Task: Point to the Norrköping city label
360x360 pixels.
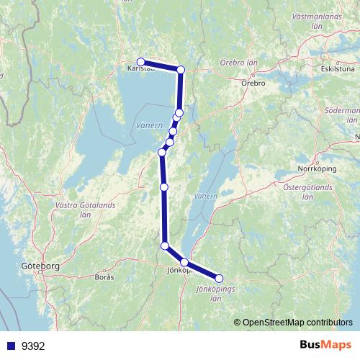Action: (317, 169)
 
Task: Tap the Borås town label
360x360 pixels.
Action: (104, 276)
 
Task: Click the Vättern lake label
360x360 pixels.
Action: (204, 195)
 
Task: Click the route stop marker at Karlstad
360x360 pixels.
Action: (141, 62)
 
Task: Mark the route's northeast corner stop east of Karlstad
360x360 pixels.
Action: (181, 70)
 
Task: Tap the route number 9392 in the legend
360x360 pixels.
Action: (33, 345)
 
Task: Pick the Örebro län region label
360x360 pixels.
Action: (238, 62)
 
